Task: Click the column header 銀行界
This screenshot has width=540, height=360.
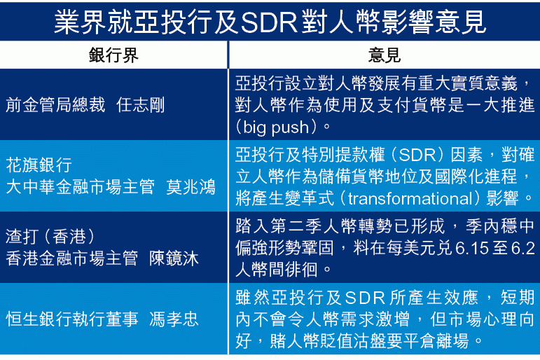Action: pos(113,55)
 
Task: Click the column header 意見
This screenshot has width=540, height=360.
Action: pos(384,55)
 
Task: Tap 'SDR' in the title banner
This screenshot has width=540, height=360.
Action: pos(270,22)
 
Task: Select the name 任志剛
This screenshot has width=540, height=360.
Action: pos(140,105)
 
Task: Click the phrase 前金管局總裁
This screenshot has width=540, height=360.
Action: pos(55,105)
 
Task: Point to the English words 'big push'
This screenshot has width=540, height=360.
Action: pos(276,127)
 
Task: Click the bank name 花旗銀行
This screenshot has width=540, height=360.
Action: pos(39,165)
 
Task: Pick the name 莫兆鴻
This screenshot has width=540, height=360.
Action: pos(191,187)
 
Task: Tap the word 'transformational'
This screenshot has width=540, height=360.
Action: pos(410,198)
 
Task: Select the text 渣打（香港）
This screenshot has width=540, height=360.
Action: pos(50,236)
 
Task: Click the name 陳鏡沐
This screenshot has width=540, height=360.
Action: pos(174,258)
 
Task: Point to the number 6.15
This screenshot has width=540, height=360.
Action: pos(472,248)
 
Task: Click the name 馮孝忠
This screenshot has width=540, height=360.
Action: pos(174,319)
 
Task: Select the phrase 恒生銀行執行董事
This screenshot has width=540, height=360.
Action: pos(72,319)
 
